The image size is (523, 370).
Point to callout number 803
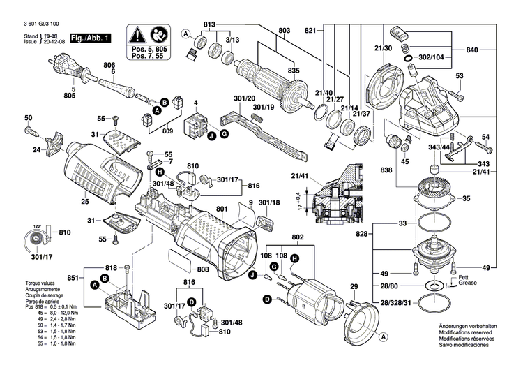point(284,30)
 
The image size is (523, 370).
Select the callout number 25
point(84,202)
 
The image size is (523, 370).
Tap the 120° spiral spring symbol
point(35,238)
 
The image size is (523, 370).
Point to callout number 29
point(354,287)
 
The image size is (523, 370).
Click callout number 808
point(203,269)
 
